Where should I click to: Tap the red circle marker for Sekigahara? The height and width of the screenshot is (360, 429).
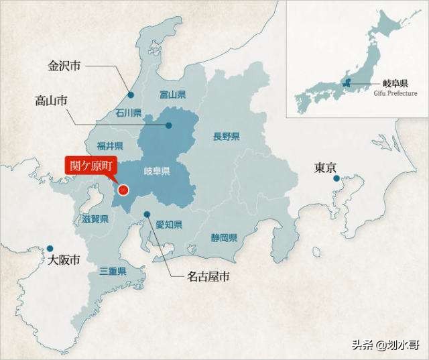point(123,190)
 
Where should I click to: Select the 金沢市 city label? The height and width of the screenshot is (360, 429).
point(64,66)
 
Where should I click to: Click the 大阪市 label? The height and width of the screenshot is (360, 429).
point(60,259)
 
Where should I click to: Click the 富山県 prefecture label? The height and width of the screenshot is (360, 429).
point(172,95)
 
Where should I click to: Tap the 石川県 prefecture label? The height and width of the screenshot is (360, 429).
point(128,113)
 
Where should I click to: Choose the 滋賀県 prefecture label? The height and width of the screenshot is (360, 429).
point(95,219)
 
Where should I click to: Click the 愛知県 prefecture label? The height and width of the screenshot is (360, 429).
point(169,225)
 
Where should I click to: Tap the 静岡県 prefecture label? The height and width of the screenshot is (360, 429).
point(224,237)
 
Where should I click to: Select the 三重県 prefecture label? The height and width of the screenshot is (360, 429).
point(113,271)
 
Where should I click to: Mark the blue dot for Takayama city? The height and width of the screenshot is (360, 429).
point(169,125)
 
